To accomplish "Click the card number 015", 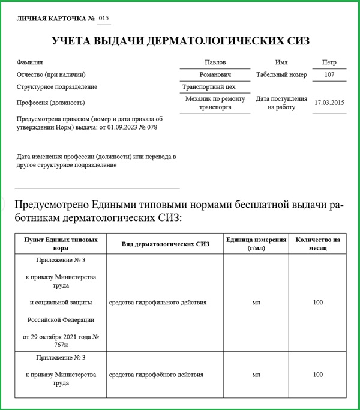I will coord(104,19).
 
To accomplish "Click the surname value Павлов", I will coord(215,62).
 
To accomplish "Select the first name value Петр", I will coord(329,62).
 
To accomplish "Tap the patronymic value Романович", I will coord(215,75).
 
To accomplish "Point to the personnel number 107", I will coord(329,75).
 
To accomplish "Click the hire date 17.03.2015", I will coord(329,103).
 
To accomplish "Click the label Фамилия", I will coord(30,62).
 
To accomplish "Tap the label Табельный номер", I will coord(281,75).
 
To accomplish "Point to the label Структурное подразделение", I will coord(58,87).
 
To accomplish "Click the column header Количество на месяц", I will coord(317,244).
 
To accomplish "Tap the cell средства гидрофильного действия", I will coord(158,303).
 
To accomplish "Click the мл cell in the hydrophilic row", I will coord(256,303).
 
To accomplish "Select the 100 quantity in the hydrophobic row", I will coord(317,375).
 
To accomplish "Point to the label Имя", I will coord(281,62).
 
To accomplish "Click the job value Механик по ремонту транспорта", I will coord(215,103).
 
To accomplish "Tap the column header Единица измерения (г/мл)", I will coord(256,244).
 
